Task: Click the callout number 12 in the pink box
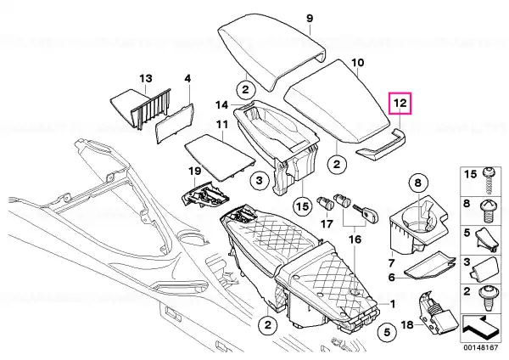400,103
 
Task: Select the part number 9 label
310,18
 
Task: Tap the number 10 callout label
358,62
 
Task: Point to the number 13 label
146,78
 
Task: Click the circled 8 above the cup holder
417,183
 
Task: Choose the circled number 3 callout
259,180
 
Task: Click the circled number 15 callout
303,206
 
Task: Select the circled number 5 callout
387,333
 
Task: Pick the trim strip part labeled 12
382,145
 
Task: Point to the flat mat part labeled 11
220,156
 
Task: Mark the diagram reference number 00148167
480,347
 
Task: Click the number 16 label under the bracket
355,239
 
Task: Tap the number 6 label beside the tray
392,278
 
